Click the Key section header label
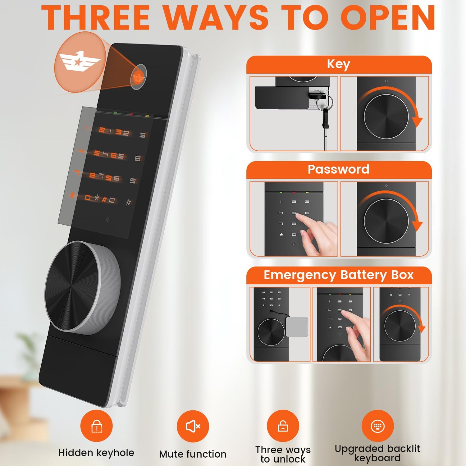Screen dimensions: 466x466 [339, 64]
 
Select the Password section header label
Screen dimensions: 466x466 [339, 169]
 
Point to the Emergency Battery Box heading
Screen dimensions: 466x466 [339, 275]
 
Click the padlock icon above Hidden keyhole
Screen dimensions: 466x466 [97, 426]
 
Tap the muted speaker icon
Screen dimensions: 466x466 [193, 426]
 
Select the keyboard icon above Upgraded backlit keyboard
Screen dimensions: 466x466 [377, 426]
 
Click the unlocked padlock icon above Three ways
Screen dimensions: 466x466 [283, 426]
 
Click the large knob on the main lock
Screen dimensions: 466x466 [82, 287]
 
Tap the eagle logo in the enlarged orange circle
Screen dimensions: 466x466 [80, 61]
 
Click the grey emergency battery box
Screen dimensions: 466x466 [297, 327]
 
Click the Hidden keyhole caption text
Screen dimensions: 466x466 [96, 453]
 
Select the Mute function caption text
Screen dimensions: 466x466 [193, 454]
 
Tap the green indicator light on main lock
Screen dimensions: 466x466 [115, 113]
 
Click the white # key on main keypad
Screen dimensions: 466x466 [128, 202]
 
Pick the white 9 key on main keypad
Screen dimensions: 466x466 [133, 180]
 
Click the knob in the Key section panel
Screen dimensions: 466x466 [386, 116]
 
